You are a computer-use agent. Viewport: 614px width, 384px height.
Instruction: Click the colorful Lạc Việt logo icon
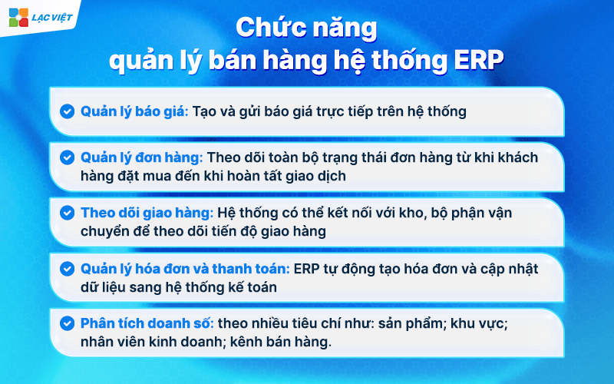[x=18, y=16]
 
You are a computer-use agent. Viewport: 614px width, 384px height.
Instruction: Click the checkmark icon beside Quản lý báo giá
[x=68, y=111]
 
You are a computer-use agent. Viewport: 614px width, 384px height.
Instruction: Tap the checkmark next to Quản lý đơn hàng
[x=68, y=157]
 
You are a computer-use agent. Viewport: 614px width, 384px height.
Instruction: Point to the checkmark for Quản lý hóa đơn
[x=68, y=269]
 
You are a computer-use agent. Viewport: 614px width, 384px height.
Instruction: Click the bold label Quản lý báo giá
[x=134, y=111]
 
